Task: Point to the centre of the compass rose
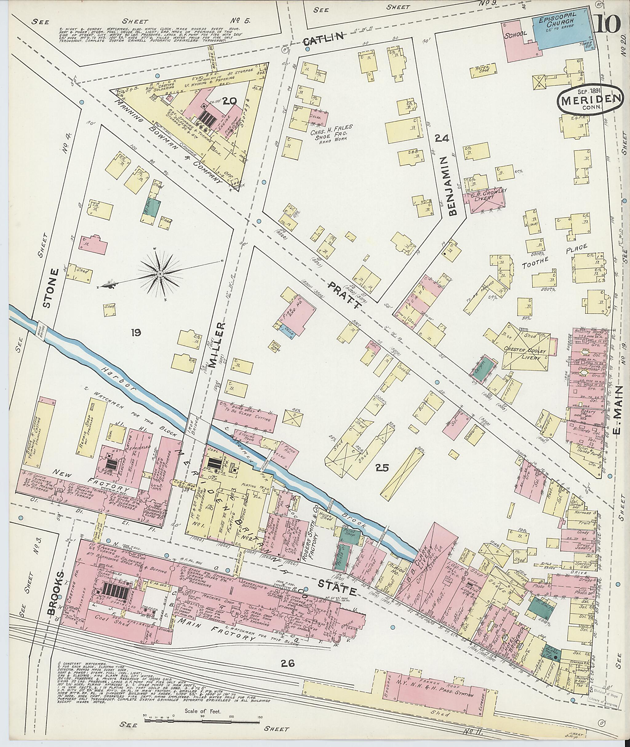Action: pos(160,274)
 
